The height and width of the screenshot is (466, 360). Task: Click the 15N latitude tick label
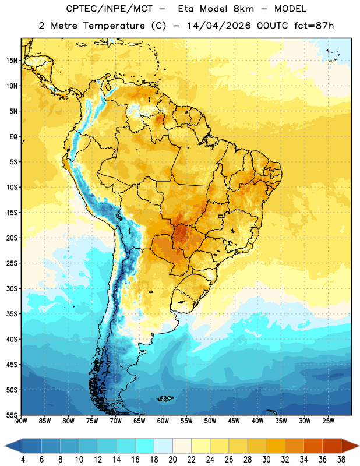tap(12, 61)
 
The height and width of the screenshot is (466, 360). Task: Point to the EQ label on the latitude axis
tap(13, 137)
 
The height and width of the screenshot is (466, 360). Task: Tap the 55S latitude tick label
tap(12, 415)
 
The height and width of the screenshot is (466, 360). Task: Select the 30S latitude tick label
tap(12, 288)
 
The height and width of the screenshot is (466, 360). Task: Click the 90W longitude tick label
tap(21, 421)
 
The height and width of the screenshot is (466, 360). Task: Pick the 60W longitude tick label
tap(163, 421)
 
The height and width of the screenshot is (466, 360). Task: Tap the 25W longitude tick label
tap(328, 421)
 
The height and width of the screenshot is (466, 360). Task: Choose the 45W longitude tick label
tap(234, 421)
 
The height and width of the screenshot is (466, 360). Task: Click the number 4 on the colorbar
tap(23, 460)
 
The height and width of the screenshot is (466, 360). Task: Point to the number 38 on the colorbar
tap(341, 460)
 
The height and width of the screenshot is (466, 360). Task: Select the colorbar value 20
tap(172, 460)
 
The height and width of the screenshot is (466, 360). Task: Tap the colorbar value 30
tap(266, 460)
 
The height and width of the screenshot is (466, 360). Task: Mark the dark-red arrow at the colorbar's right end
tap(350, 446)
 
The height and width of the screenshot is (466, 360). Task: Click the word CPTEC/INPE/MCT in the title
tap(109, 9)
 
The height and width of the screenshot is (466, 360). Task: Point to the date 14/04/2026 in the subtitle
tap(219, 26)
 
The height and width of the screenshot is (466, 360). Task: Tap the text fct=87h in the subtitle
tap(314, 26)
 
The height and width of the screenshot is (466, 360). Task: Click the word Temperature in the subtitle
tap(114, 26)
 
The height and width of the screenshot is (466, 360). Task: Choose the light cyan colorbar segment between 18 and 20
tap(164, 446)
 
